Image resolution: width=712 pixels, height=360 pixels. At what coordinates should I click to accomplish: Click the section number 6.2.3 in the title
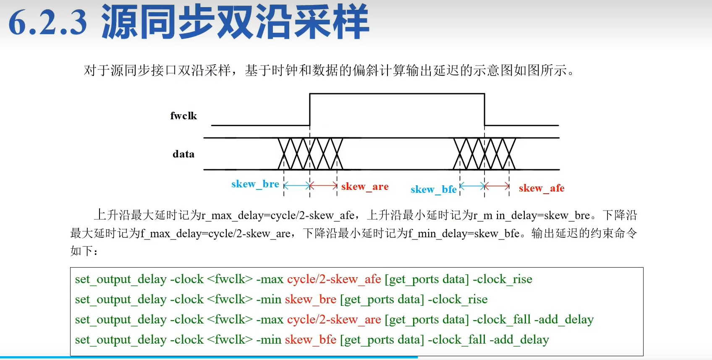pyautogui.click(x=47, y=23)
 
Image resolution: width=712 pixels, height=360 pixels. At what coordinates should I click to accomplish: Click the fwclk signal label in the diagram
pyautogui.click(x=183, y=116)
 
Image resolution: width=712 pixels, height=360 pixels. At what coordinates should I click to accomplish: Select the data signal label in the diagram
pyautogui.click(x=183, y=154)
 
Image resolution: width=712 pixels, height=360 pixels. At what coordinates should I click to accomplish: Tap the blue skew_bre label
pyautogui.click(x=255, y=184)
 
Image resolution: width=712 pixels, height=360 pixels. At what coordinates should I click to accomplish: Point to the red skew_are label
pyautogui.click(x=365, y=187)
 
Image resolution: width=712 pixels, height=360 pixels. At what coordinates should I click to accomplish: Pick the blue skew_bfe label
pyautogui.click(x=433, y=189)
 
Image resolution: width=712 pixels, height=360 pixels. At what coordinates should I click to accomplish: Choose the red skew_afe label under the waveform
pyautogui.click(x=541, y=188)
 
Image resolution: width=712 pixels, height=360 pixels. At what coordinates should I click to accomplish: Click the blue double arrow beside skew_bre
pyautogui.click(x=297, y=185)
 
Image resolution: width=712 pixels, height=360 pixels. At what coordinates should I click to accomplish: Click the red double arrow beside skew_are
pyautogui.click(x=324, y=185)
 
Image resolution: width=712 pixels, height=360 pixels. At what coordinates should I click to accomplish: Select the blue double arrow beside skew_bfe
pyautogui.click(x=472, y=185)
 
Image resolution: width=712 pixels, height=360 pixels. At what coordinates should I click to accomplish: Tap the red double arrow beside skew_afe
pyautogui.click(x=497, y=185)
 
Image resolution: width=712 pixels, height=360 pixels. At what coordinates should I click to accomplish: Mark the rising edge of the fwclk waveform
pyautogui.click(x=310, y=109)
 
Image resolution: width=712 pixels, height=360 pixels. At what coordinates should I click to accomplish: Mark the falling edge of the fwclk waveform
pyautogui.click(x=484, y=109)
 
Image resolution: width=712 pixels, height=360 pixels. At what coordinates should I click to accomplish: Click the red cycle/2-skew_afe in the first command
pyautogui.click(x=334, y=279)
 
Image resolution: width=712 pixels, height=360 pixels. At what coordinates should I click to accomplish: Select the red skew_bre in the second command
pyautogui.click(x=310, y=300)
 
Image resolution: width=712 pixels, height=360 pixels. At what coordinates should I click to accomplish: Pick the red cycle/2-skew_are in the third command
pyautogui.click(x=334, y=320)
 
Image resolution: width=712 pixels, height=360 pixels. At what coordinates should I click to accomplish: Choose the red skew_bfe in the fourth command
pyautogui.click(x=310, y=340)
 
